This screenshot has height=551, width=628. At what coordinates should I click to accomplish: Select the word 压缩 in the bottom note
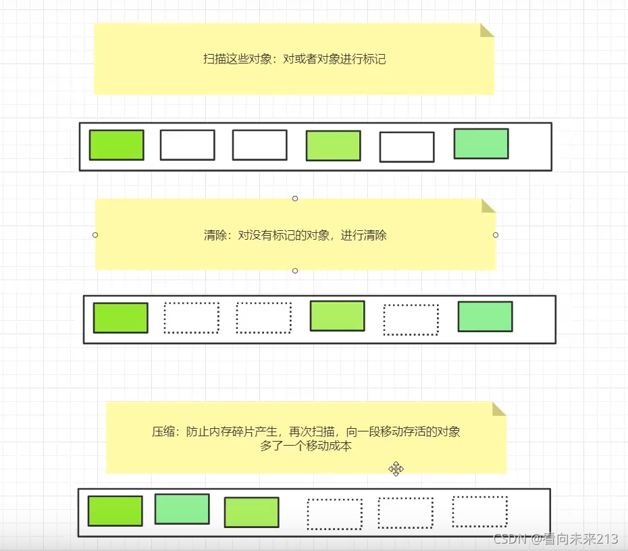pyautogui.click(x=163, y=432)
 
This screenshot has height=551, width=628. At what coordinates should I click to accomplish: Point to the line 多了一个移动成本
pyautogui.click(x=306, y=446)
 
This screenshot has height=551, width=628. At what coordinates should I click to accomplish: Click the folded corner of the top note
pyautogui.click(x=487, y=30)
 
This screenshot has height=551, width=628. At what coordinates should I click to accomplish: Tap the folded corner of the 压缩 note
pyautogui.click(x=499, y=409)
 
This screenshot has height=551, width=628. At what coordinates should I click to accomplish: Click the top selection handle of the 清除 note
pyautogui.click(x=295, y=199)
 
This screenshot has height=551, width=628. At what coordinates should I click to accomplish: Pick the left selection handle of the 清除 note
pyautogui.click(x=95, y=235)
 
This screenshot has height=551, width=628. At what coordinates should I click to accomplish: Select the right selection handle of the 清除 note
pyautogui.click(x=496, y=235)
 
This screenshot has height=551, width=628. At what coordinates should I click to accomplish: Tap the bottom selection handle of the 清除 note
pyautogui.click(x=295, y=271)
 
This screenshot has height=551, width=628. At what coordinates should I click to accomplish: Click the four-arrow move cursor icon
pyautogui.click(x=396, y=469)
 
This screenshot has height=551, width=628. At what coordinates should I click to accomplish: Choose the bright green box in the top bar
pyautogui.click(x=116, y=145)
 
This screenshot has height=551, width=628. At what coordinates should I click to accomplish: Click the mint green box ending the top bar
pyautogui.click(x=481, y=143)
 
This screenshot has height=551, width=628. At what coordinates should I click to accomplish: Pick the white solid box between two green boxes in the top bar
pyautogui.click(x=407, y=147)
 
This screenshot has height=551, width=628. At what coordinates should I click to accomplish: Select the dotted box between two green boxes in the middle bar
pyautogui.click(x=411, y=319)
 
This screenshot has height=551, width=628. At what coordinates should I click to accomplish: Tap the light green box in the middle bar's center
pyautogui.click(x=337, y=315)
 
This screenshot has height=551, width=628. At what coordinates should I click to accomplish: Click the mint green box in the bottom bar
pyautogui.click(x=182, y=508)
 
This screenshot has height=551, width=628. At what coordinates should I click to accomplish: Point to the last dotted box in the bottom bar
pyautogui.click(x=479, y=511)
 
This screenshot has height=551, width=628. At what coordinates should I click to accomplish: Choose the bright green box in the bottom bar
pyautogui.click(x=115, y=510)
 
